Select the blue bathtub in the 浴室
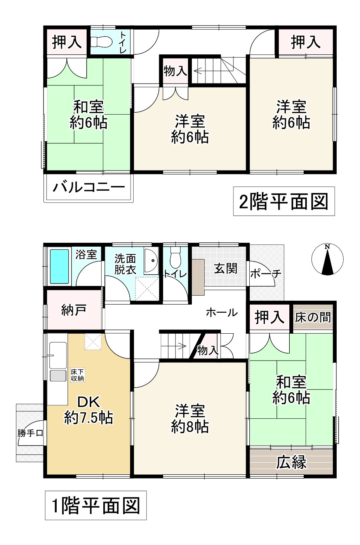tap(60, 266)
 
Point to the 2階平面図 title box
tap(283, 202)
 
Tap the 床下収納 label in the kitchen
tap(77, 375)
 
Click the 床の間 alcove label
tap(313, 317)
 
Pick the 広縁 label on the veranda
tap(291, 462)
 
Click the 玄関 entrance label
tap(226, 268)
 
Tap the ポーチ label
tap(266, 273)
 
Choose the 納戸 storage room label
tap(73, 311)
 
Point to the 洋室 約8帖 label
tap(190, 418)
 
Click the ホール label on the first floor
tap(221, 312)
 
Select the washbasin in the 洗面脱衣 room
tap(151, 261)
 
